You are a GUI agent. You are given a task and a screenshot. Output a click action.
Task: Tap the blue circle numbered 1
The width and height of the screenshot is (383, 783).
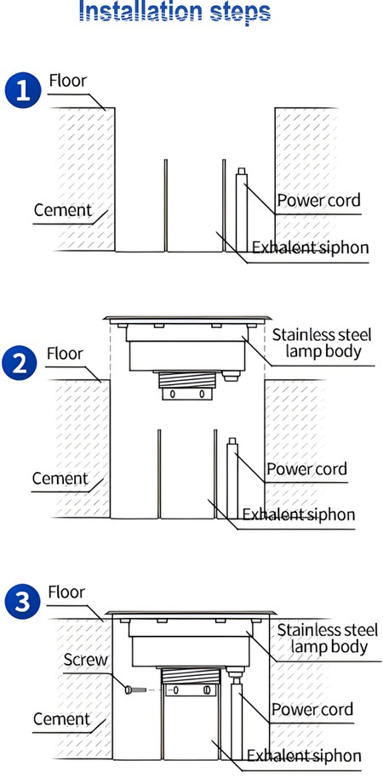coord(22,91)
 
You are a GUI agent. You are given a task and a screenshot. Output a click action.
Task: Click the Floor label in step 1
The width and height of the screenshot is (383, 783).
coord(68,82)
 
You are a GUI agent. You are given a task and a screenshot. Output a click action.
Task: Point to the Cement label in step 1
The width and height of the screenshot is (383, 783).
coord(61,210)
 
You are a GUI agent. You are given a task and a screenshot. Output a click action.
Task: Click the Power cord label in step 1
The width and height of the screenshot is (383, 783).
coord(318,201)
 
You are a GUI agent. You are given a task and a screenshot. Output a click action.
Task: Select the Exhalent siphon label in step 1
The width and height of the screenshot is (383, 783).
coord(310,247)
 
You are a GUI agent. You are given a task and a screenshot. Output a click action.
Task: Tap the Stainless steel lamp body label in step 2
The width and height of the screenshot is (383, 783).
coord(321,341)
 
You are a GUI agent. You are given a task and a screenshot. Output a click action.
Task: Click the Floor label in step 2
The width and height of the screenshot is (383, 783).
coord(66,352)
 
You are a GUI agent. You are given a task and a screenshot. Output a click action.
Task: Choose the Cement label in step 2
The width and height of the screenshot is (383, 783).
coord(60,479)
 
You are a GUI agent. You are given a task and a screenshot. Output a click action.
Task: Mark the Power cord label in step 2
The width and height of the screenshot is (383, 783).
coord(307,468)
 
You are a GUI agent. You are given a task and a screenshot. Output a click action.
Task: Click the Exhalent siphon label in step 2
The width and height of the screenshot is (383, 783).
coord(299,514)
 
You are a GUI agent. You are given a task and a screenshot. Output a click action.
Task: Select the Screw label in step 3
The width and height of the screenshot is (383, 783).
coord(86,660)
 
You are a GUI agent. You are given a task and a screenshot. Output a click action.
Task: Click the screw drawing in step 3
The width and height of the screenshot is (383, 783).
coord(129,691)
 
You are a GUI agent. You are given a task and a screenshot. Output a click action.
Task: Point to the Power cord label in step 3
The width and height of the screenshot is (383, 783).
coord(312,709)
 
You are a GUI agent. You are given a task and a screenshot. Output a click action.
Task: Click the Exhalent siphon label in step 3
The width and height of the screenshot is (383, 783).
coord(304,756)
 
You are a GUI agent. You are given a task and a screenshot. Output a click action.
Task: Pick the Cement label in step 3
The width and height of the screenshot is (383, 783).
coord(61,719)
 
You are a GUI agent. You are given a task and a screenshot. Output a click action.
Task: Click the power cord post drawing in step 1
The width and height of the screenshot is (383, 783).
coord(242,208)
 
